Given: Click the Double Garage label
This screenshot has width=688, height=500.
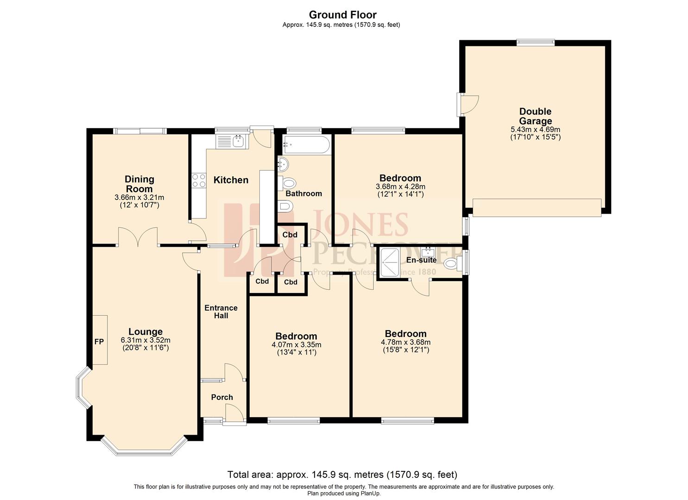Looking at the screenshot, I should tap(535, 116).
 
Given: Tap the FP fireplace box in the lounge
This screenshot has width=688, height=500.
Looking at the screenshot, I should tap(100, 341).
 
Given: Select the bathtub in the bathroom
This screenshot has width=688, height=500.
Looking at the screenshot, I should tap(306, 145).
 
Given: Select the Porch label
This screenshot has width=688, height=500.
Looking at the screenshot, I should tap(222, 397).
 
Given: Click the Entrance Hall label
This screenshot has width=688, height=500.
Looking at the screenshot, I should tap(221, 312).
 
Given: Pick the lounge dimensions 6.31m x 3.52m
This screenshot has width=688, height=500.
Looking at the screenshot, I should tap(145, 340).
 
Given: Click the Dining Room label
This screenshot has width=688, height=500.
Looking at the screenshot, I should tap(139, 184).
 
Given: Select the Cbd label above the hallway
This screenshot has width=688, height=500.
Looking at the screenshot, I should tap(290, 235).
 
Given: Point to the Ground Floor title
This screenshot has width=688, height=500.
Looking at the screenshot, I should tap(342, 15).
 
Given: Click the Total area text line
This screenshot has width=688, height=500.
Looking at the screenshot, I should tap(342, 475).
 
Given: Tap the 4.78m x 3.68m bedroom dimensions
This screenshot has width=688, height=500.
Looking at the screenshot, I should tap(405, 342).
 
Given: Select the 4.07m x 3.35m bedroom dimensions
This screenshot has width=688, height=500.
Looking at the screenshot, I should tap(296, 344).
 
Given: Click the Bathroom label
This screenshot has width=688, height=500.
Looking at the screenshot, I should tap(303, 194).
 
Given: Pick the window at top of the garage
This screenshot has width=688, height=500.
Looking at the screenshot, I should tap(536, 42).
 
